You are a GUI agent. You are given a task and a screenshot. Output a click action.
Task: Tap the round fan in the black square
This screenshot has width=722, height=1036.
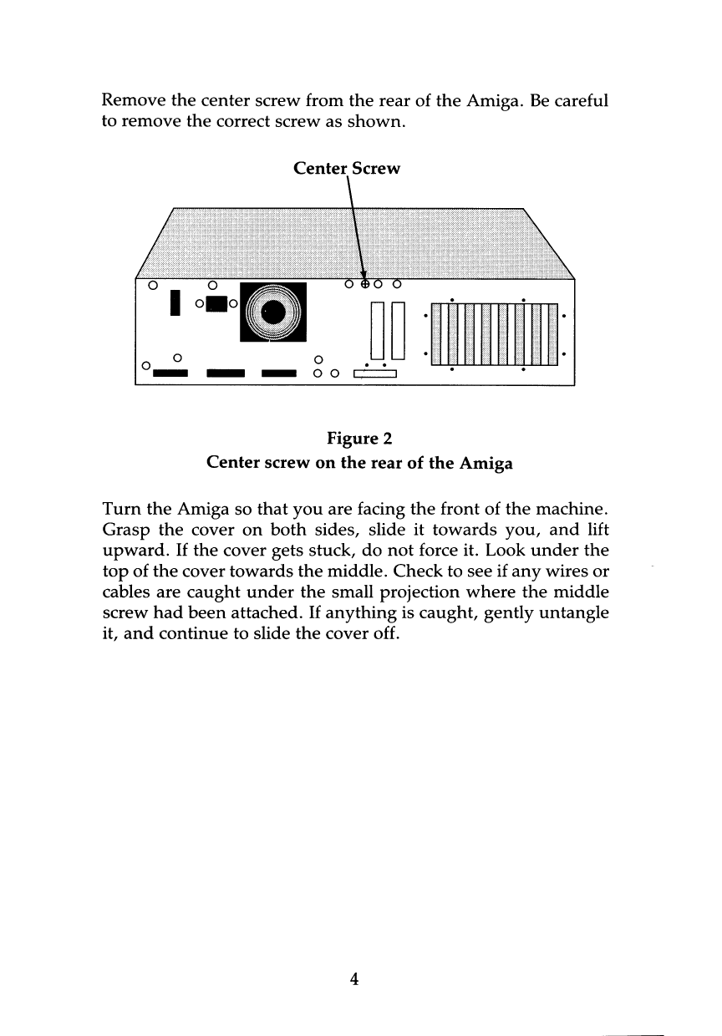coord(273,312)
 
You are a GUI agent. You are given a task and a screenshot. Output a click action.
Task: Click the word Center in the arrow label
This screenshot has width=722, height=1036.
coord(321,169)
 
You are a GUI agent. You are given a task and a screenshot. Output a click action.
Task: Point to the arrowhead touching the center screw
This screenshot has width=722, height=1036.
coord(364,272)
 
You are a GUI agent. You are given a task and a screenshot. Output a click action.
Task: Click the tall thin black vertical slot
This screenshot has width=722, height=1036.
coord(175,304)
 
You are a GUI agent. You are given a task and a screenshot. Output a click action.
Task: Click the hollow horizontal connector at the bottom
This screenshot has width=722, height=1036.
coord(374,373)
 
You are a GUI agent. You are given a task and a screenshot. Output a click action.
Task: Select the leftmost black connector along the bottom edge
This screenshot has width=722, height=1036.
coord(170,373)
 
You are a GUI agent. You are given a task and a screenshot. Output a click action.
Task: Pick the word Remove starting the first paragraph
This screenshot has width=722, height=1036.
coord(134,100)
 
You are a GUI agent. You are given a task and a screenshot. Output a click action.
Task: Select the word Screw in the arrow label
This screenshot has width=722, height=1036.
coord(376,169)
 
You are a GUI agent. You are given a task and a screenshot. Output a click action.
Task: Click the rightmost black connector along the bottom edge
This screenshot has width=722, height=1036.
coord(279,373)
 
